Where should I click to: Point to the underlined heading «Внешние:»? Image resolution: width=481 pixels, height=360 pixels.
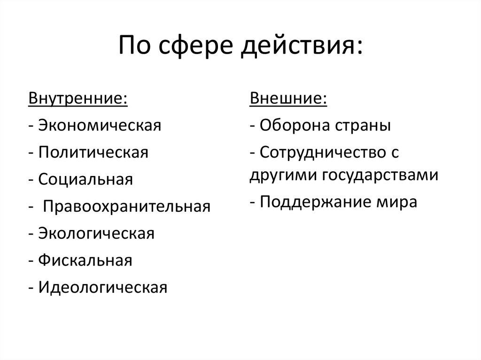click(288, 99)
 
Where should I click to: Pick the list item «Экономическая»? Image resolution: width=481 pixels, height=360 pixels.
click(100, 126)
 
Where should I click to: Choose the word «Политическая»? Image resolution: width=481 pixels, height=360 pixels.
click(93, 153)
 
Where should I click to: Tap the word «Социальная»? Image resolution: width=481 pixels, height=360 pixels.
click(86, 179)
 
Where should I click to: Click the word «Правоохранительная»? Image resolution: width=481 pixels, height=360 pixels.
click(127, 207)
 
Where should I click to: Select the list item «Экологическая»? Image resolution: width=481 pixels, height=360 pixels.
click(96, 233)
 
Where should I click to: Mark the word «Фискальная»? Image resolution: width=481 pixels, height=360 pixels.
click(85, 260)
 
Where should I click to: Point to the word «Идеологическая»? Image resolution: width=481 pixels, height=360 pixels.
click(103, 287)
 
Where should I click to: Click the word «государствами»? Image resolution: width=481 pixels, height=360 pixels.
click(380, 175)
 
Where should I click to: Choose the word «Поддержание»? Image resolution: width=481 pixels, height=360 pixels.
click(310, 202)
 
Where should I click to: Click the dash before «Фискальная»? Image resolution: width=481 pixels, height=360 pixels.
click(31, 260)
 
